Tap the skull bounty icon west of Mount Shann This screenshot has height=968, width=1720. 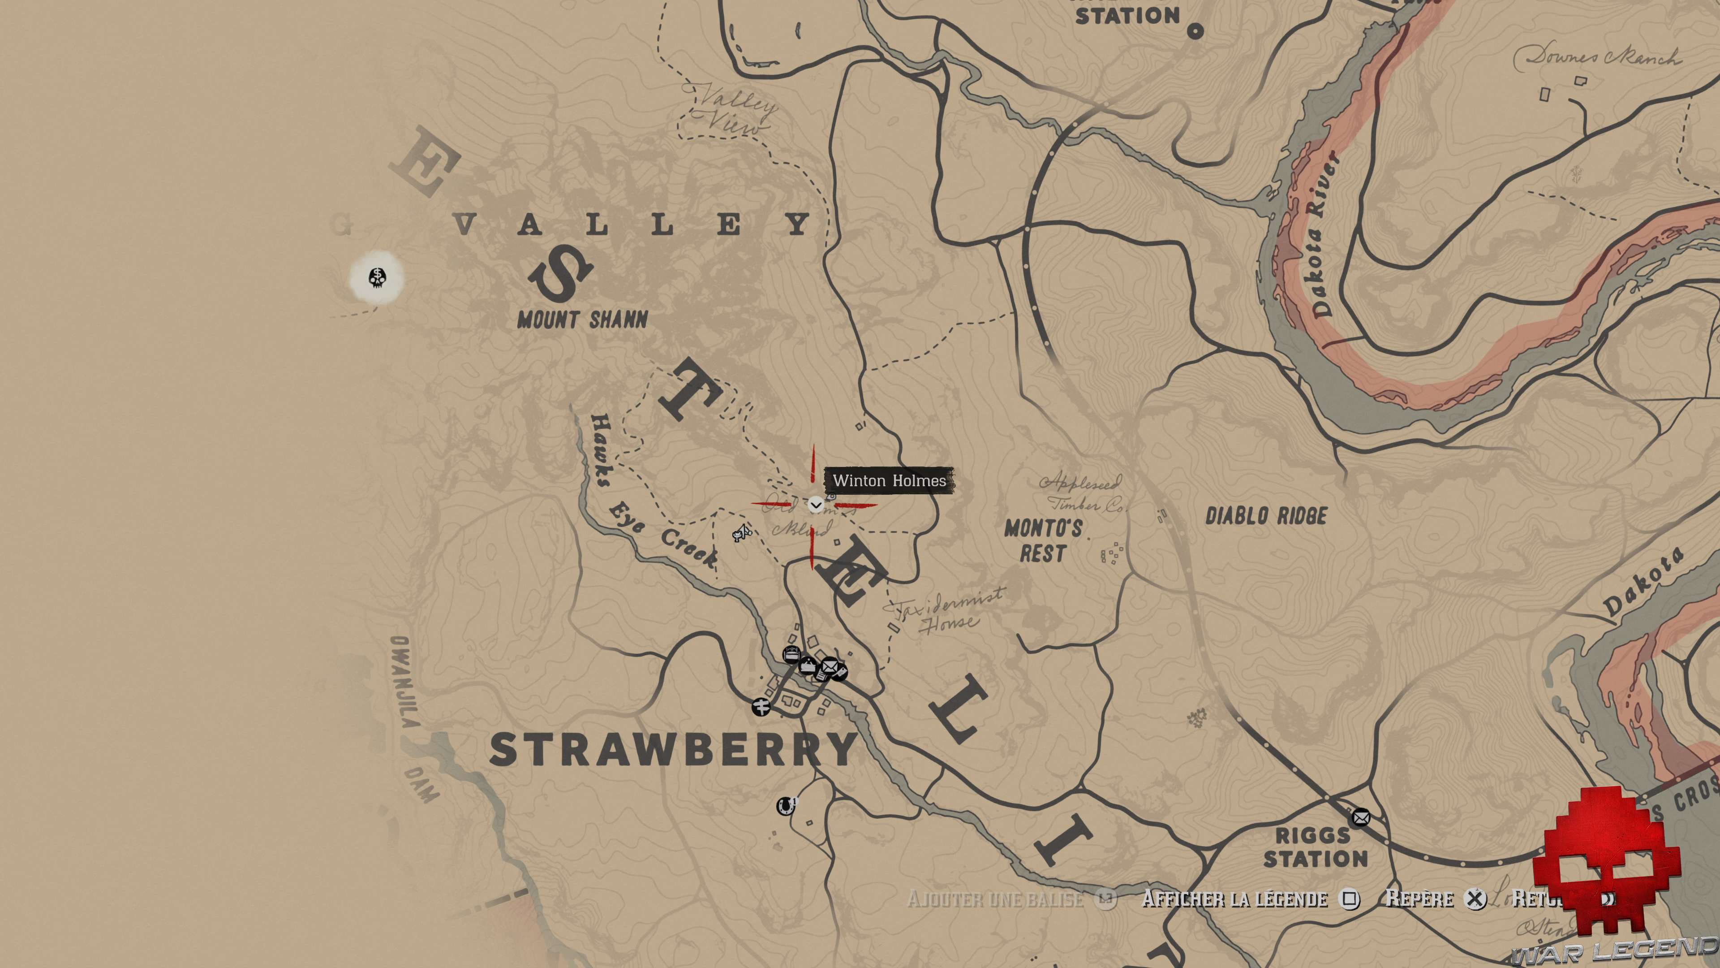point(377,277)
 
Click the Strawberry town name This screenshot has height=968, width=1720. point(673,750)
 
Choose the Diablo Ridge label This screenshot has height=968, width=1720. point(1266,516)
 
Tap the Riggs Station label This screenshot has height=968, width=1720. point(1315,847)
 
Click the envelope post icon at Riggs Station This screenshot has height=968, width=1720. point(1361,817)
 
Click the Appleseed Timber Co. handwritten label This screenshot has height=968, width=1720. point(1082,493)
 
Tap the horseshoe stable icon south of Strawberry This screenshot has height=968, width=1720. point(786,806)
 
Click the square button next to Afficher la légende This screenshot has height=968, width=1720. point(1350,899)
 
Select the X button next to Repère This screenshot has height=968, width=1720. point(1475,899)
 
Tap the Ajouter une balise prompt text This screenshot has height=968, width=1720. point(995,899)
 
